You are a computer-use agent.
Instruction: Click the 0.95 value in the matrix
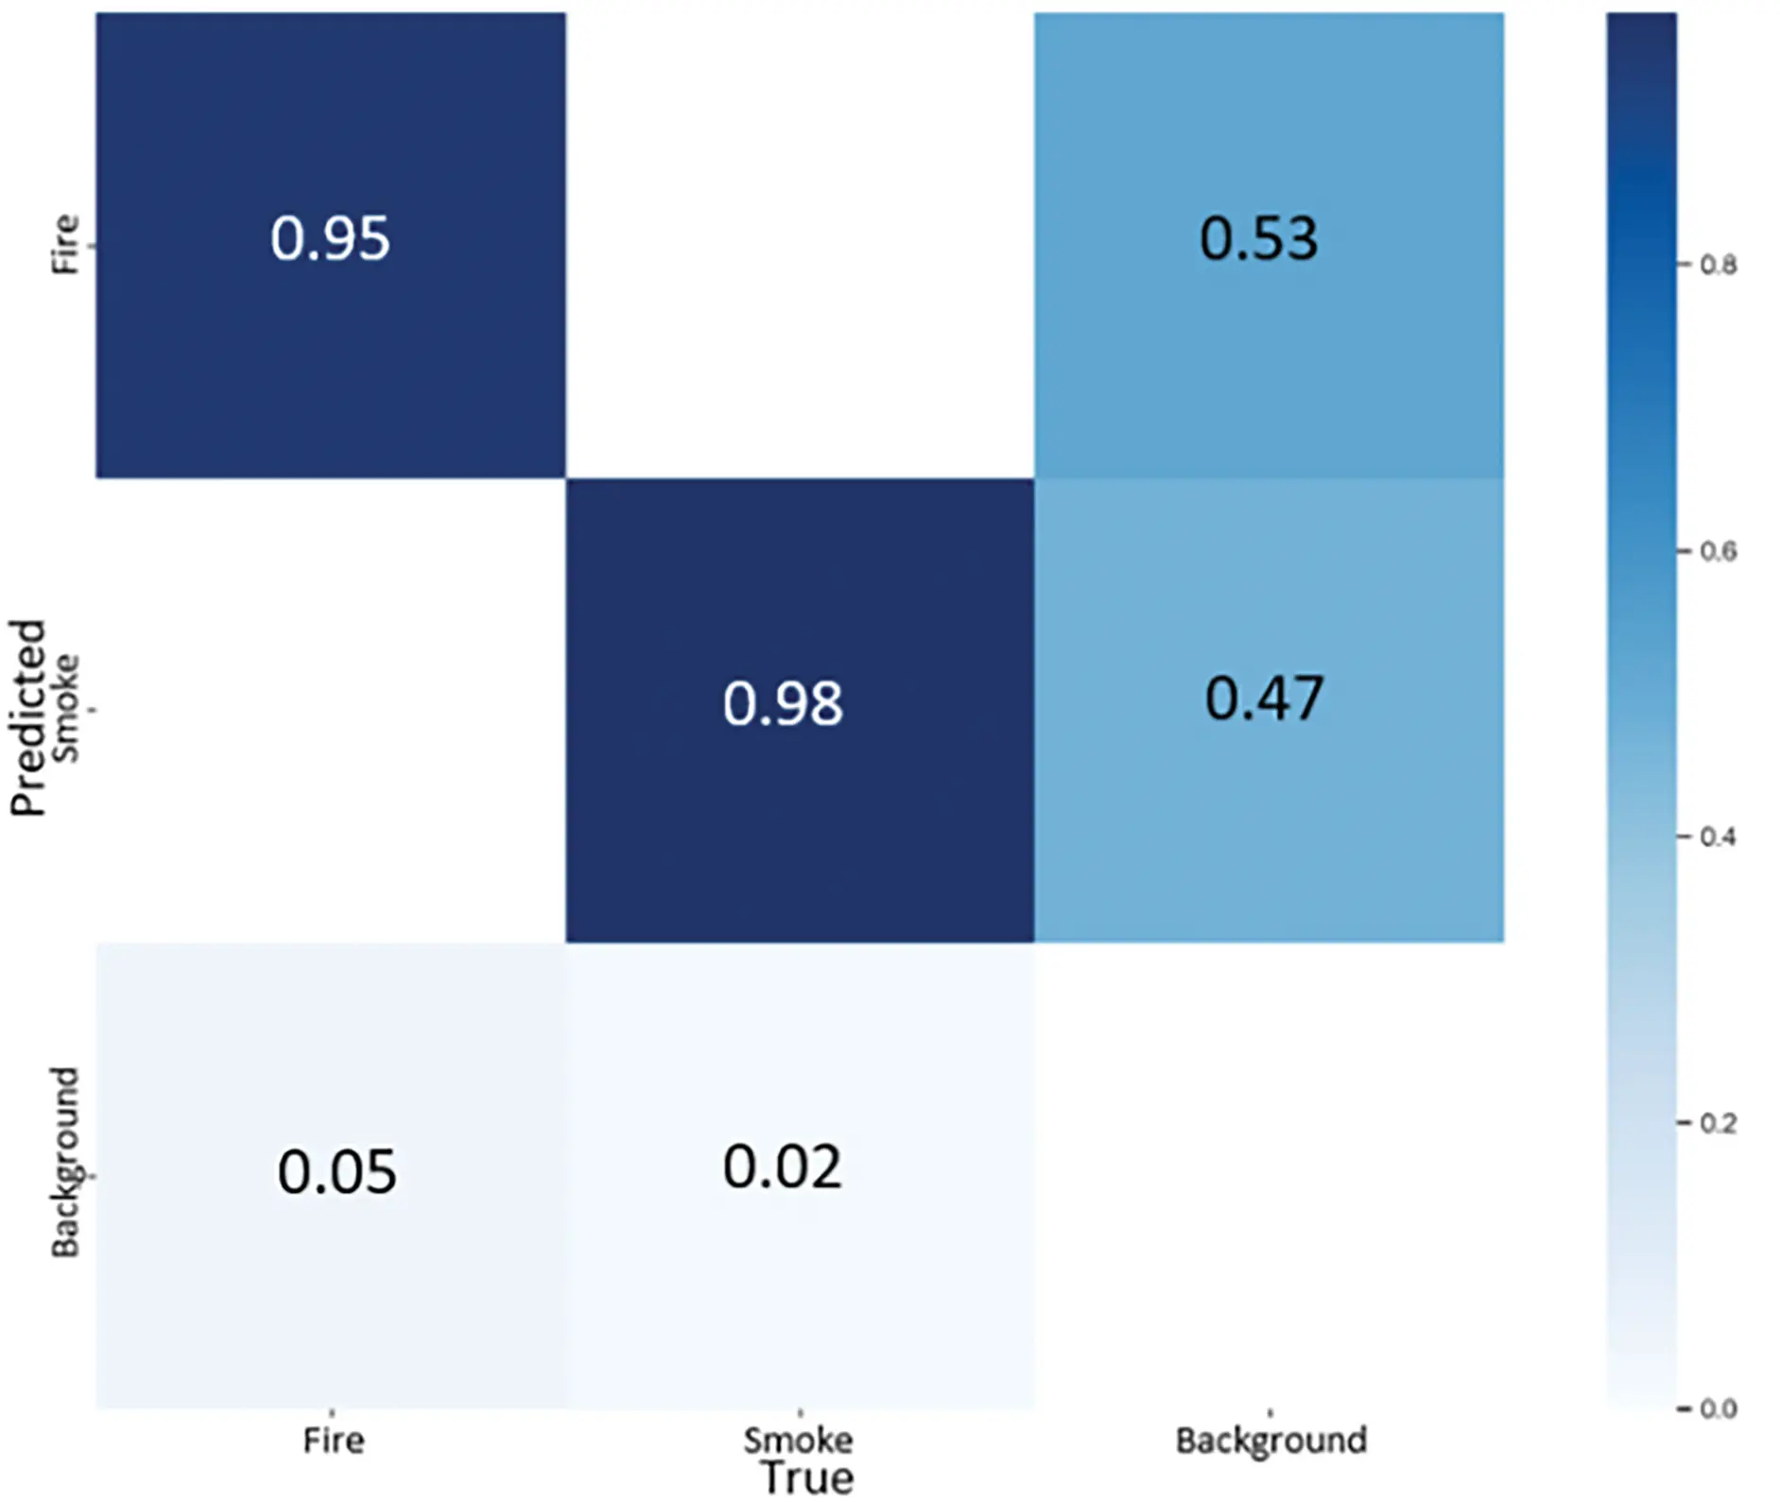330,238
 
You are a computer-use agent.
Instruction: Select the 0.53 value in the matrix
1258,239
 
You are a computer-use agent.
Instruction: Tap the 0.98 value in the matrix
783,704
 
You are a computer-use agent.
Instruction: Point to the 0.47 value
1264,699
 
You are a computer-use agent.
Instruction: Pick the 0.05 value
337,1173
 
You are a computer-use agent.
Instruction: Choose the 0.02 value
782,1167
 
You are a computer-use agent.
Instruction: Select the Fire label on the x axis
333,1441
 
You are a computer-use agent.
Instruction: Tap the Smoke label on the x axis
798,1441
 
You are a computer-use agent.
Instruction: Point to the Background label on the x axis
1270,1441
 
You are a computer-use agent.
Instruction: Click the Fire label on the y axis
64,244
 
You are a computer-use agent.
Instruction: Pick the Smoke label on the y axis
64,708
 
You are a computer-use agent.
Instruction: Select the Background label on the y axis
64,1163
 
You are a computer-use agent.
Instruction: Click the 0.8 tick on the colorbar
1718,265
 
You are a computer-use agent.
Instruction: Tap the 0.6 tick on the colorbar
1718,551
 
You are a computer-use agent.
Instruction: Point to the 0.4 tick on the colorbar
1718,837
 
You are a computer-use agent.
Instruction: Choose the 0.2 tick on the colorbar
1718,1123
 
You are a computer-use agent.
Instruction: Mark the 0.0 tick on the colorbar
1718,1409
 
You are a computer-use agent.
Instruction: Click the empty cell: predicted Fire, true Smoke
800,244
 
